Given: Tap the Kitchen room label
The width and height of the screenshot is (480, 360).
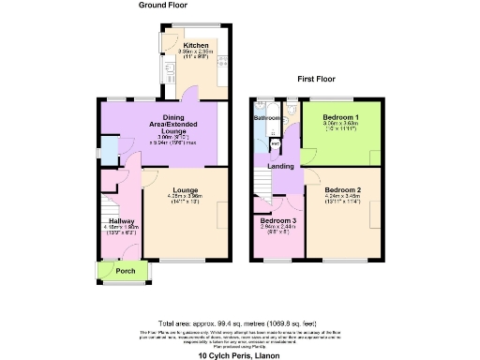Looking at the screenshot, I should pos(196,45).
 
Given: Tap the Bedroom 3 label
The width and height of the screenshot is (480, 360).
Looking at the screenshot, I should pos(277,220).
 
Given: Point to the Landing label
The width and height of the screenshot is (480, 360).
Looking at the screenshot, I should pos(280,167).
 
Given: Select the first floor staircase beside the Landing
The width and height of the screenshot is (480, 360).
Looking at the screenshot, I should pos(262,180).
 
